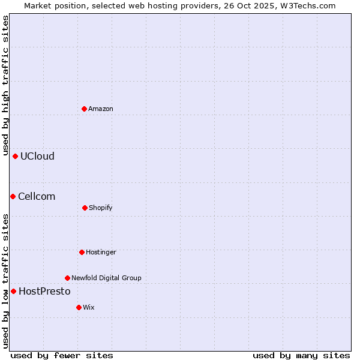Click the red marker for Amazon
point(85,109)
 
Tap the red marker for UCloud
point(15,156)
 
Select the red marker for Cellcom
point(13,196)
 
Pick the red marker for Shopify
point(85,208)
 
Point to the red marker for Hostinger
point(82,252)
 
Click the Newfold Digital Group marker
point(67,278)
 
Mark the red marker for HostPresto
point(13,291)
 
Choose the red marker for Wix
point(79,307)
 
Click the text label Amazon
point(101,109)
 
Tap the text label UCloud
point(37,156)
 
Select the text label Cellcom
point(37,196)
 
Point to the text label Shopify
point(101,208)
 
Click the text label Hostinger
point(101,252)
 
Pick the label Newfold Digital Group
point(106,278)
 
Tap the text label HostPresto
point(44,291)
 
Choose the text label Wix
point(89,307)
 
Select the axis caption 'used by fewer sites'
point(62,355)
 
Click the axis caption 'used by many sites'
point(301,355)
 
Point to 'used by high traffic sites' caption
point(5,86)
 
